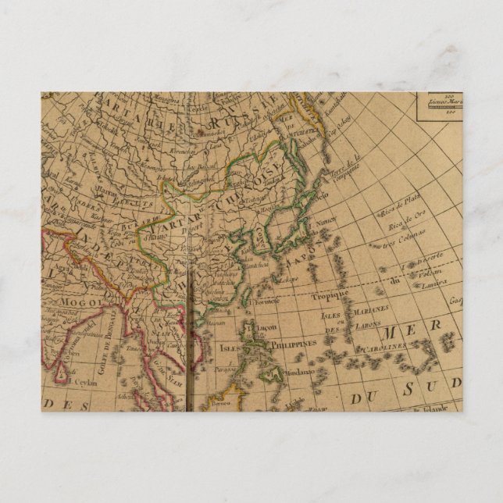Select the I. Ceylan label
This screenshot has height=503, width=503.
pyautogui.click(x=81, y=383)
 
